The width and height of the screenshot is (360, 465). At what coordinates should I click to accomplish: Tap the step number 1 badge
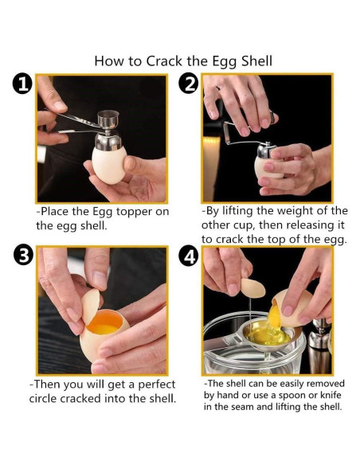pos(22,84)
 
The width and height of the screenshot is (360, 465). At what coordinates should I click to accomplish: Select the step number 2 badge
pos(189,84)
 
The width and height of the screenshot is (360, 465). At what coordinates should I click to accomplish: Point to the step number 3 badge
pos(23,255)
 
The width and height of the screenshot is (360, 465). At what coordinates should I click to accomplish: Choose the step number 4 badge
pos(189,256)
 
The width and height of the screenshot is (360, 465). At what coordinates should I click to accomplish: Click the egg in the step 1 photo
pos(109,164)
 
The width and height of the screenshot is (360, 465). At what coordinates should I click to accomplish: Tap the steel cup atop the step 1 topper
pos(108,118)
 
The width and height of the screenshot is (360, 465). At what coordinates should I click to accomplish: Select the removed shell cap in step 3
pos(91,306)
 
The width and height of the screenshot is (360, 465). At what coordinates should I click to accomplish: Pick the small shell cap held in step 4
pos(253,288)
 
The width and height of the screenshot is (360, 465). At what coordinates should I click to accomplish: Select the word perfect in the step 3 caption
pos(157,385)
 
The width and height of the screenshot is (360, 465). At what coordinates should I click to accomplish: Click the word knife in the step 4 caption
pos(331,395)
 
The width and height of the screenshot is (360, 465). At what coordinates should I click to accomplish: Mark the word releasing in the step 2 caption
pos(310,225)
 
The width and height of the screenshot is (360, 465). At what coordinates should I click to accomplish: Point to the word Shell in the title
pos(256,61)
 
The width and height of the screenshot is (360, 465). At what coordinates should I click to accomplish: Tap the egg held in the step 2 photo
pos(267,168)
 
